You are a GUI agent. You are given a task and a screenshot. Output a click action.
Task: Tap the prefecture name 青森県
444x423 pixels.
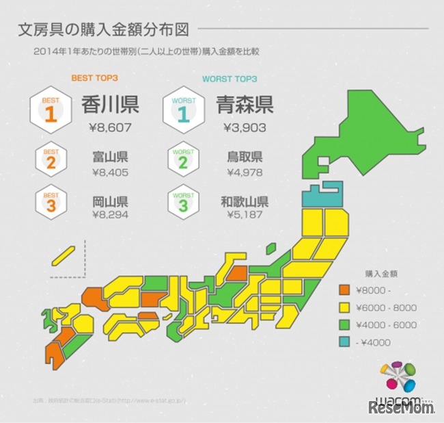[x=244, y=105]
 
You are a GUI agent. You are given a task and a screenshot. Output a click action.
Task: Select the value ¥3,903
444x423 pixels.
[x=244, y=127]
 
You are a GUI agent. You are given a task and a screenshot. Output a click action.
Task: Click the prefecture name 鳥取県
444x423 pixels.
[x=244, y=156]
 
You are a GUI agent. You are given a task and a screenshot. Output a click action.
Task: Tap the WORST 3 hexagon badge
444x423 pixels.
[x=183, y=203]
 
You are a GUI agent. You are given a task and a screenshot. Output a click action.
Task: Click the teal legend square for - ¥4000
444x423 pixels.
[x=345, y=342]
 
